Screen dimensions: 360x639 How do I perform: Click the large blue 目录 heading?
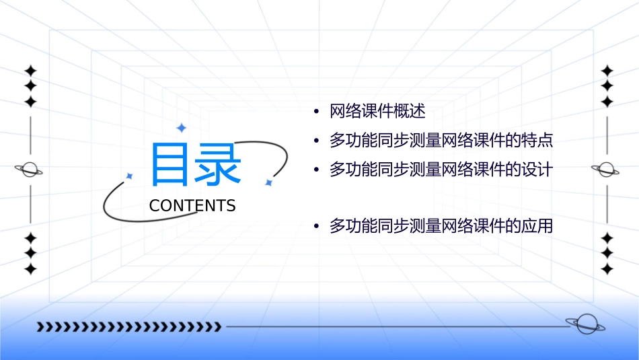(x=196, y=165)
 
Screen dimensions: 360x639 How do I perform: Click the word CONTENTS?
(x=192, y=206)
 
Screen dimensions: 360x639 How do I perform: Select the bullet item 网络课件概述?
(x=377, y=111)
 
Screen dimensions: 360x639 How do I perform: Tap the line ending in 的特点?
(x=441, y=141)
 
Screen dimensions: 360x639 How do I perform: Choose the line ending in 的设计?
(x=441, y=170)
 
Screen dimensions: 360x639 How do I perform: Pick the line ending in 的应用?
(x=441, y=226)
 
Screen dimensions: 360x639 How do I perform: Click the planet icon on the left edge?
(x=29, y=170)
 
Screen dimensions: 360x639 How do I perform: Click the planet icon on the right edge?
(x=606, y=170)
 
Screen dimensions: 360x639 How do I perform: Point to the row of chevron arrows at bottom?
(x=128, y=327)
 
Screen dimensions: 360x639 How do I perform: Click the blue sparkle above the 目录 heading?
(x=180, y=127)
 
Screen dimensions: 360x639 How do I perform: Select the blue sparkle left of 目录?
(x=130, y=176)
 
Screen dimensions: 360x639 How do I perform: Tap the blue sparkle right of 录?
(x=268, y=182)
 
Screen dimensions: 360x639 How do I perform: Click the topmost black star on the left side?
(x=30, y=71)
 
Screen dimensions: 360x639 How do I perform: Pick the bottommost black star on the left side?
(x=30, y=268)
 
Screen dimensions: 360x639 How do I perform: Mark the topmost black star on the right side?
(x=607, y=71)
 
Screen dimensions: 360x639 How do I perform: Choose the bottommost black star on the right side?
(x=607, y=268)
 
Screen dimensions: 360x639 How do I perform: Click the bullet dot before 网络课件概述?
(x=316, y=112)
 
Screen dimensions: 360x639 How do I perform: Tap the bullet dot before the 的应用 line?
(x=316, y=227)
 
